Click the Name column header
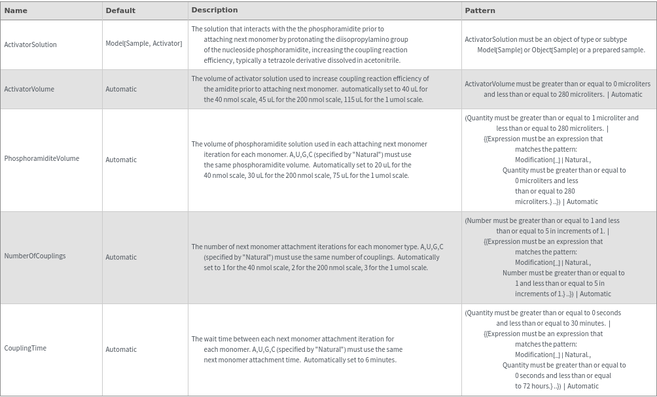tap(16, 10)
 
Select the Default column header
tap(120, 10)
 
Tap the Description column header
tap(215, 10)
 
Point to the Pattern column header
tap(480, 10)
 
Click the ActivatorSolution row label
tap(30, 44)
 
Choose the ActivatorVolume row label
tap(29, 89)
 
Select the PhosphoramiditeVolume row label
tap(41, 159)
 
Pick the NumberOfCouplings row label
tap(35, 256)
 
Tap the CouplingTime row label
tap(25, 349)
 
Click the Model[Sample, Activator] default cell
tap(144, 44)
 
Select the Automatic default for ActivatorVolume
tap(121, 89)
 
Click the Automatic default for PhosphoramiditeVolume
tap(121, 160)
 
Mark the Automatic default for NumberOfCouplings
tap(121, 257)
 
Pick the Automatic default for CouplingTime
tap(121, 349)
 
